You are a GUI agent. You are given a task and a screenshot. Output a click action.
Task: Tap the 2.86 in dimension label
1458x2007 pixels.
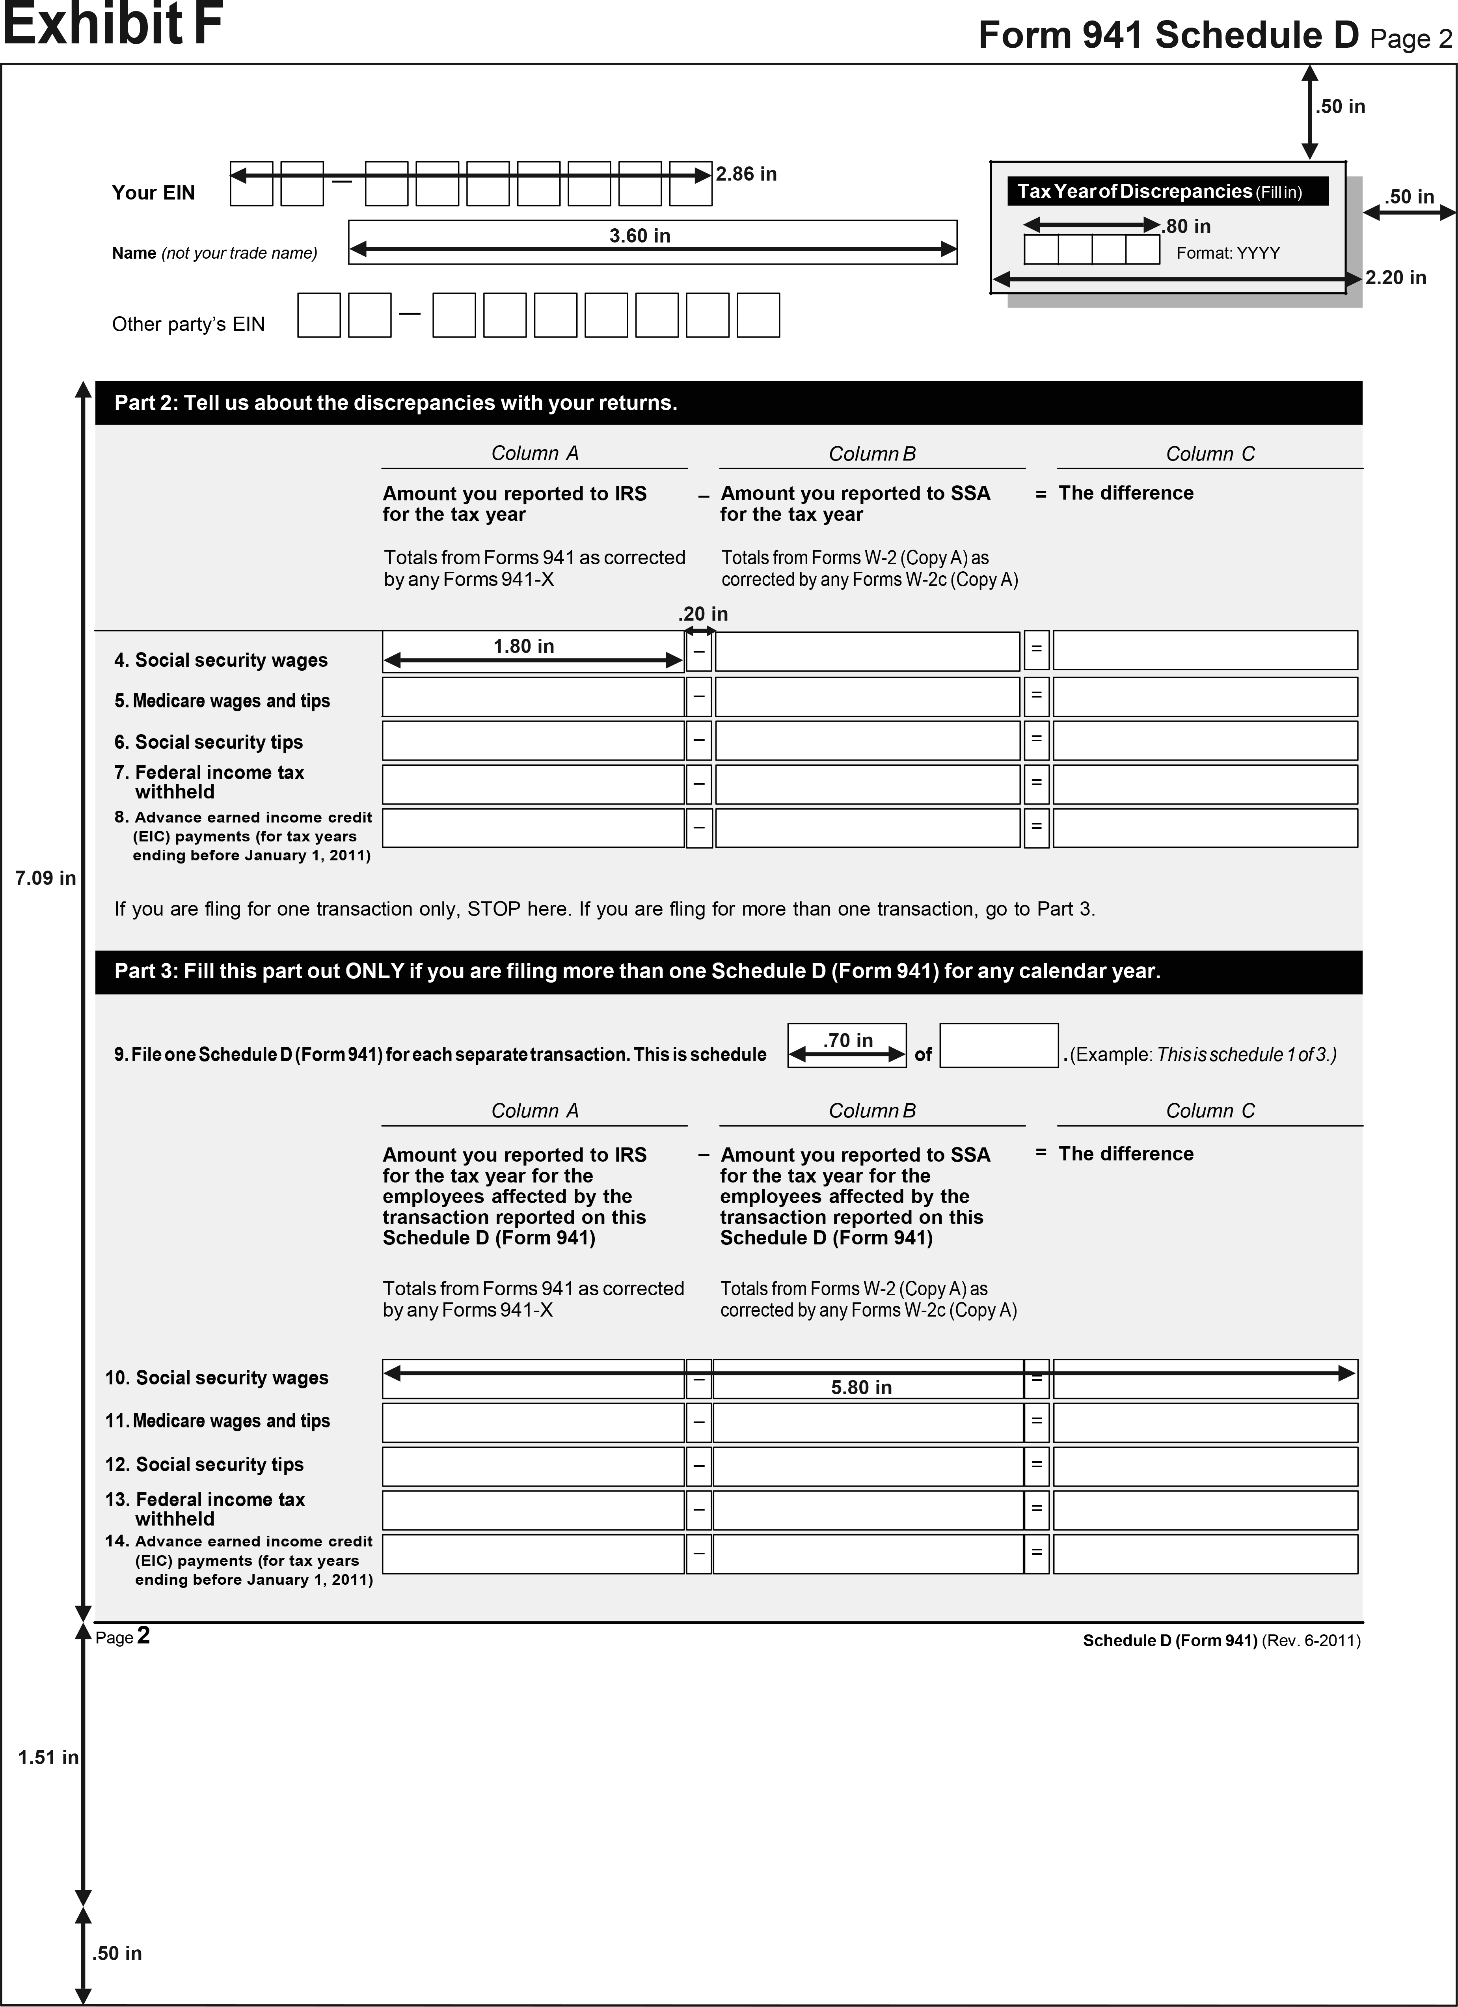(746, 174)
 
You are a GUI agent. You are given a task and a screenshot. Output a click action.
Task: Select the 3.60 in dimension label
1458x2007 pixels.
(640, 235)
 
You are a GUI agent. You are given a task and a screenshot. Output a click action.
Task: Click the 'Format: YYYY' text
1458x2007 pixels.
(1228, 253)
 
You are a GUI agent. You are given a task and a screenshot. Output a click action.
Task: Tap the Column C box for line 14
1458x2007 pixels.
(1205, 1554)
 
